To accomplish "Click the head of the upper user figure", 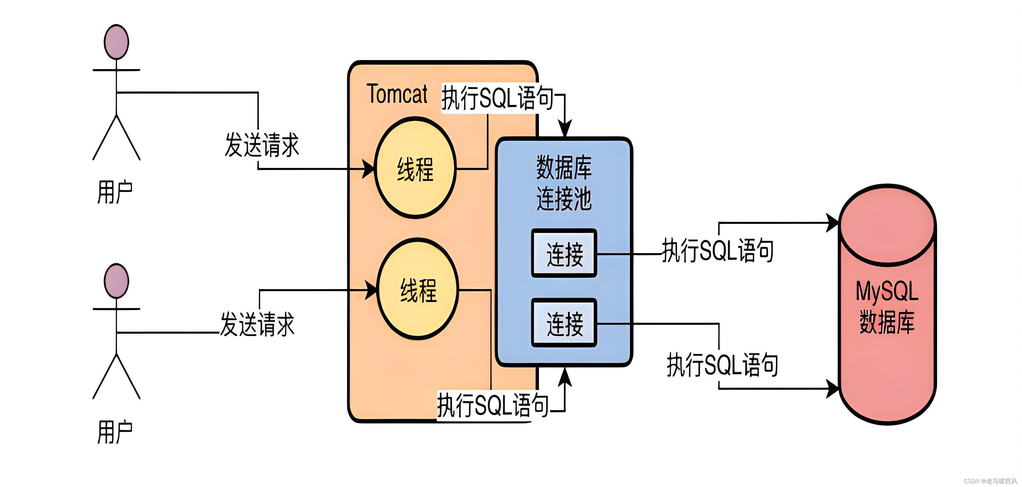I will (x=116, y=42).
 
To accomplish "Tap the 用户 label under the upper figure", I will (x=115, y=192).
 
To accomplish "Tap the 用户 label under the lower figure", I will (x=115, y=432).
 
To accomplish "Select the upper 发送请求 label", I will (x=262, y=145).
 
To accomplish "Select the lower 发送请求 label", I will (x=257, y=324).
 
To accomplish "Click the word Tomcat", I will (x=397, y=94).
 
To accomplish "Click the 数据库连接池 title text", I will (x=564, y=183).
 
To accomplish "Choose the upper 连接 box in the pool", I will (x=564, y=253).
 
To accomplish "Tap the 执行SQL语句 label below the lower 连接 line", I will (x=722, y=365).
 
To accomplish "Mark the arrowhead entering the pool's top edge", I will (x=565, y=130).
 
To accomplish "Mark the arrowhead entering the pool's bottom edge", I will (x=565, y=376).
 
